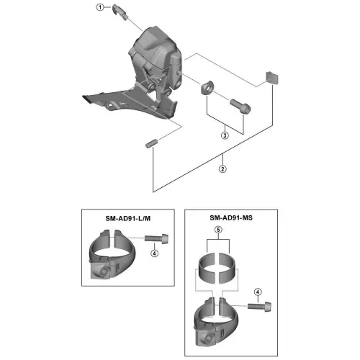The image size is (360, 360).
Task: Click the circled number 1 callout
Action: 100,7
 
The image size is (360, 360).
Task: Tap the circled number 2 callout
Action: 222,169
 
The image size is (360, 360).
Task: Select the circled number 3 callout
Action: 225,135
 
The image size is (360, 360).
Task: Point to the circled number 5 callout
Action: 218,230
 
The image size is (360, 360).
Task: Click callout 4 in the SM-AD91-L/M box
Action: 155,253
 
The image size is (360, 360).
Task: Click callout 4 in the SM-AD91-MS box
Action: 258,292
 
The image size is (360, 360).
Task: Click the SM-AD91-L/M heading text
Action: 128,218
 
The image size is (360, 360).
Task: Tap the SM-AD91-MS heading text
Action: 231,217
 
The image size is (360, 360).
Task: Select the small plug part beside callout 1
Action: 120,12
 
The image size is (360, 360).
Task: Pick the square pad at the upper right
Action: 272,78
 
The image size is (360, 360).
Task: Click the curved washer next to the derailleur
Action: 207,87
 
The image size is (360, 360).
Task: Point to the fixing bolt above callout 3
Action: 240,106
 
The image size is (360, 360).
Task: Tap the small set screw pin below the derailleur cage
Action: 151,143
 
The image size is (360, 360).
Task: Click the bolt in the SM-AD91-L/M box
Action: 156,238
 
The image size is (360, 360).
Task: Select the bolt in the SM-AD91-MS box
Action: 260,307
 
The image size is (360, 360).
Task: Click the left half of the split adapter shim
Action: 207,268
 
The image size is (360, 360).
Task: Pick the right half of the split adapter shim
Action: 228,268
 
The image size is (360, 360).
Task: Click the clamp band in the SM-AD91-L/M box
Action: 112,254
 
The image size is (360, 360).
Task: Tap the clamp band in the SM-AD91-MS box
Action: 217,322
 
